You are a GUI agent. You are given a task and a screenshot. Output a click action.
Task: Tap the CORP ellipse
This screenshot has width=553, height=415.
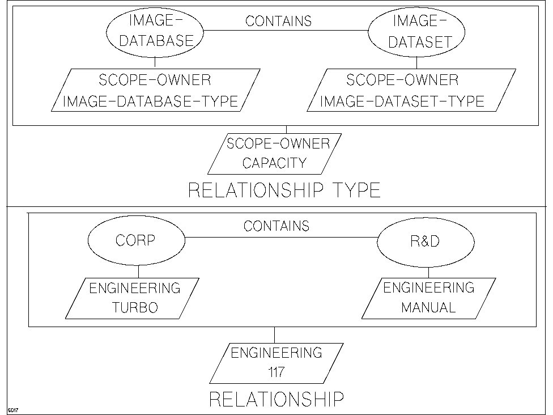(136, 240)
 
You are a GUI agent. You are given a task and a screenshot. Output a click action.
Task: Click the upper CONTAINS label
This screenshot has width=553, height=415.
(278, 22)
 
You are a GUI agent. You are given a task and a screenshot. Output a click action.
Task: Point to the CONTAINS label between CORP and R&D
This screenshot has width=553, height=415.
(276, 226)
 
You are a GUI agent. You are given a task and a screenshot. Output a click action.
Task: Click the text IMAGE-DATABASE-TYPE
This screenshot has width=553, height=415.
(150, 102)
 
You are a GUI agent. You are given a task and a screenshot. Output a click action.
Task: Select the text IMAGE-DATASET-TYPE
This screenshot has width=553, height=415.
(402, 102)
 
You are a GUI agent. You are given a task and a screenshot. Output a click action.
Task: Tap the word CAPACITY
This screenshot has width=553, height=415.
(274, 164)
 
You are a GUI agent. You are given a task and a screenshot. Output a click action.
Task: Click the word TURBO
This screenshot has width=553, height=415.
(134, 308)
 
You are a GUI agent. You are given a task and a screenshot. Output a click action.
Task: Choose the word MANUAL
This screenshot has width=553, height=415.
(428, 308)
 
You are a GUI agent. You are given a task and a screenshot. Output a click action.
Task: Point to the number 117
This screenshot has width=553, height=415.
(276, 372)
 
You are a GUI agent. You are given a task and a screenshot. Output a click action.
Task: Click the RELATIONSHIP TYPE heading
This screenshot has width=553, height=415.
(284, 190)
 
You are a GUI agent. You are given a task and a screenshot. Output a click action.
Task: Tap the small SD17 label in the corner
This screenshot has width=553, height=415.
(13, 409)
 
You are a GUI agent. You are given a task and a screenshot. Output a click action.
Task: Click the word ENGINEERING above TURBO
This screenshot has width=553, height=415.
(134, 288)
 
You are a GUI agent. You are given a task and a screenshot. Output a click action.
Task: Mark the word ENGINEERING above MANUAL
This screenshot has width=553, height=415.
(428, 288)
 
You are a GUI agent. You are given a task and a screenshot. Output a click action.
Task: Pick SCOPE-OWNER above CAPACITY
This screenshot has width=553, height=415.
(278, 143)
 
